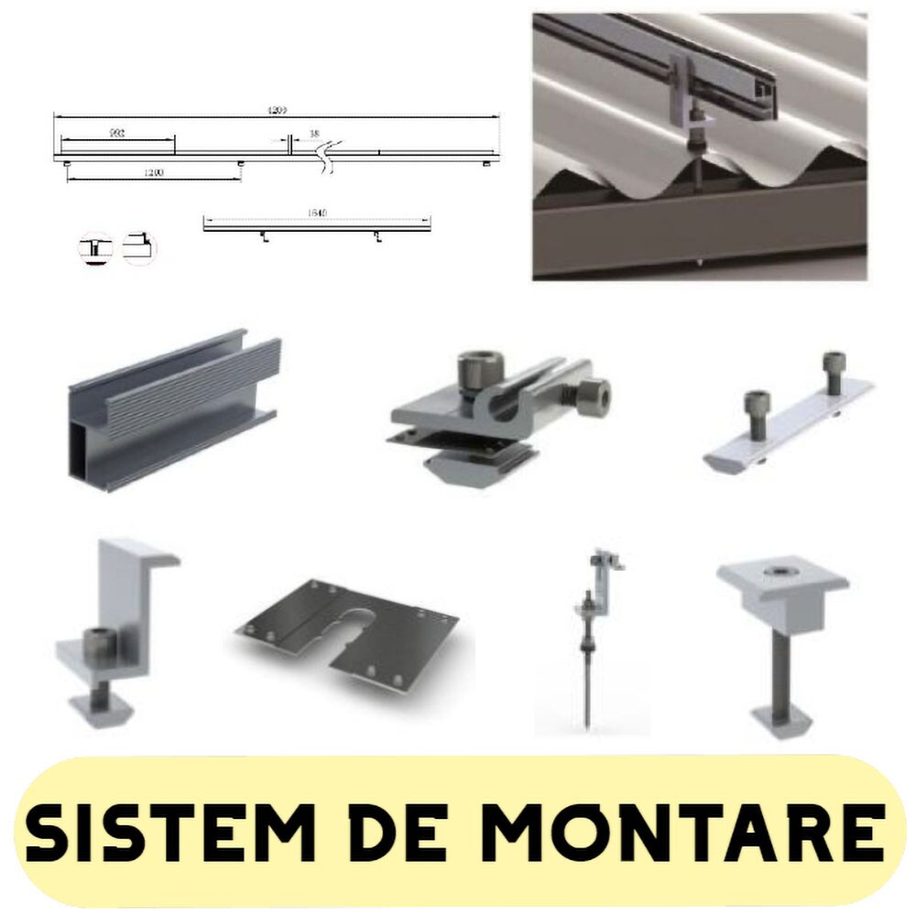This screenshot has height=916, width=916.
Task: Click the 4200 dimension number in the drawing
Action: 277,111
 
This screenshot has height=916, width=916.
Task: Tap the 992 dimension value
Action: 117,134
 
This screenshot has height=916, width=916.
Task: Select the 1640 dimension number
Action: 316,213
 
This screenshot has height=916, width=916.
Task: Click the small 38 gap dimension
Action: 314,134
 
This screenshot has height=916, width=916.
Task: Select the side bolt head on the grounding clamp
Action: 593,395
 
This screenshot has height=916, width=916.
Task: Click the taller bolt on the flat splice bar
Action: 833,372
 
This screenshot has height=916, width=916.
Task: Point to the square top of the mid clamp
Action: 781,581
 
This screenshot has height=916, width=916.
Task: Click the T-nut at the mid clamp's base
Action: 781,718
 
